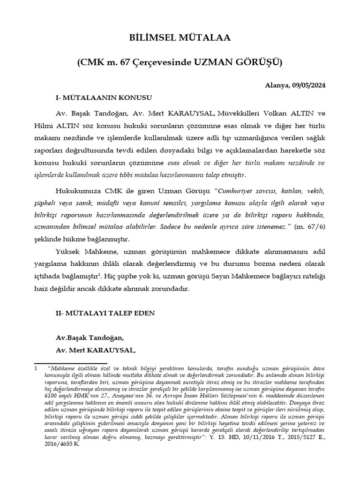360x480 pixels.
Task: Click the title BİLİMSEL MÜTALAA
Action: [x=180, y=38]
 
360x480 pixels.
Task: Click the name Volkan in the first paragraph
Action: [x=276, y=114]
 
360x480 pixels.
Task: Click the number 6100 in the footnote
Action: [x=42, y=395]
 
